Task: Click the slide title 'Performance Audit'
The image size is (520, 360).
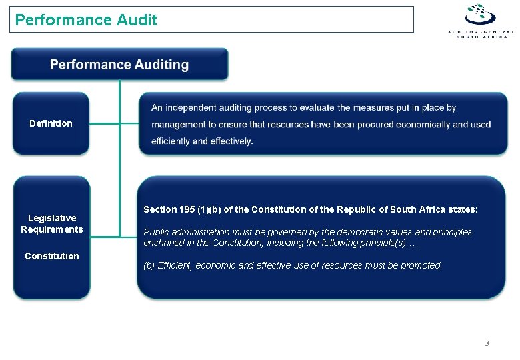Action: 86,20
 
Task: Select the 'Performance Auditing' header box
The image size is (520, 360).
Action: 119,65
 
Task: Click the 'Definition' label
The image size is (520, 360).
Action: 51,123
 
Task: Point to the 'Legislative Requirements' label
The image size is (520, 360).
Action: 51,224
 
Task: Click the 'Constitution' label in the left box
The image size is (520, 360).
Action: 51,256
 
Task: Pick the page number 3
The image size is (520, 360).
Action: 487,343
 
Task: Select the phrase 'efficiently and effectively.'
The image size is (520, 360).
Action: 202,141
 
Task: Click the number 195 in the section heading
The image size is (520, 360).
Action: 187,209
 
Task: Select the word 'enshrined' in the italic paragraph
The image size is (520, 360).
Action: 163,243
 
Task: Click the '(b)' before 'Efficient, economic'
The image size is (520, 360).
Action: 149,265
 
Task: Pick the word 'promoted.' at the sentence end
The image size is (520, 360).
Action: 421,265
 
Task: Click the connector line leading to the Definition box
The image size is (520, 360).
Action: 105,123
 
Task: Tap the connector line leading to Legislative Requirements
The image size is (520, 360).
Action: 105,236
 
